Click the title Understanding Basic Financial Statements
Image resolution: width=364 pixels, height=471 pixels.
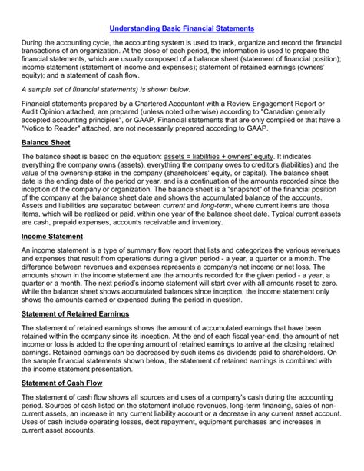tap(181, 28)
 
